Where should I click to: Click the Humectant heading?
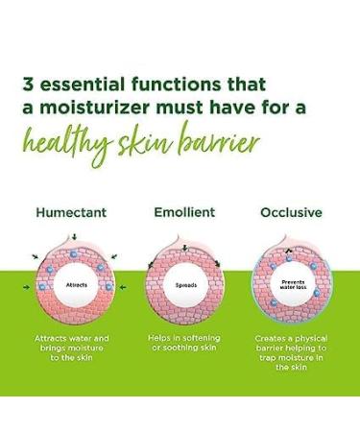coord(72,213)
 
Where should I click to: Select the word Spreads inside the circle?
coord(184,285)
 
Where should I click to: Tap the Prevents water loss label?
coord(290,284)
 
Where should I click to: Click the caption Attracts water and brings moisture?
coord(73,345)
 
